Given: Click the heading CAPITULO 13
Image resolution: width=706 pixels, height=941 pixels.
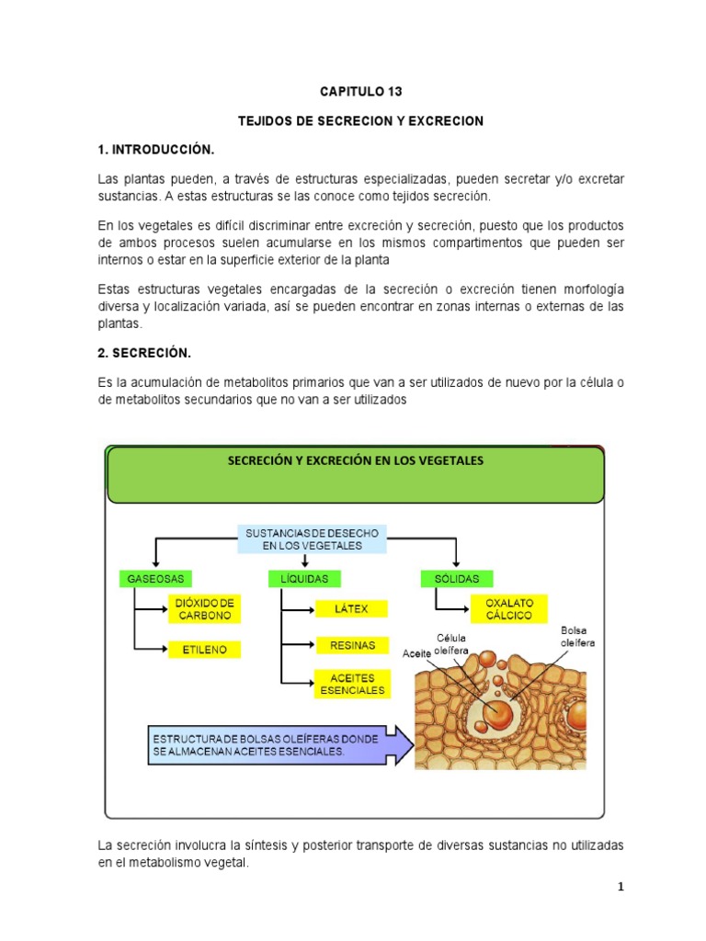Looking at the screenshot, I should click(360, 92).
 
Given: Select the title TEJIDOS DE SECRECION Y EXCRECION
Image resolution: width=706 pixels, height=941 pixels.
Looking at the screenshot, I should click(360, 120).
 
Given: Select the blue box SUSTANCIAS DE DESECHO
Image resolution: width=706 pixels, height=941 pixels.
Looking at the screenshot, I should click(313, 539).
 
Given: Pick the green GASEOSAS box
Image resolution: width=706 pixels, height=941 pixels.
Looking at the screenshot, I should click(152, 579).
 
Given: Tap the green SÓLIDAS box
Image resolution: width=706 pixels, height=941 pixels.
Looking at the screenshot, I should click(457, 579).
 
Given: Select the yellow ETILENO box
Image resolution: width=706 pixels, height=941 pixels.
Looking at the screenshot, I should click(204, 650).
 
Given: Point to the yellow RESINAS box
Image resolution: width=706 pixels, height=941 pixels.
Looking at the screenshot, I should click(352, 646).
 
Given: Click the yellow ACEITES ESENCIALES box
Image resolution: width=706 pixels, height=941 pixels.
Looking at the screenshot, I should click(352, 684).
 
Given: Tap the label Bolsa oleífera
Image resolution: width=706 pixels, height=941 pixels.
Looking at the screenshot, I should click(577, 637).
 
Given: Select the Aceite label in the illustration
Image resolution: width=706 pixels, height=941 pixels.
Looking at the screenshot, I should click(416, 654).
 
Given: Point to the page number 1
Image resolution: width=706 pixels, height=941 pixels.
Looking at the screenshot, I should click(621, 887).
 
